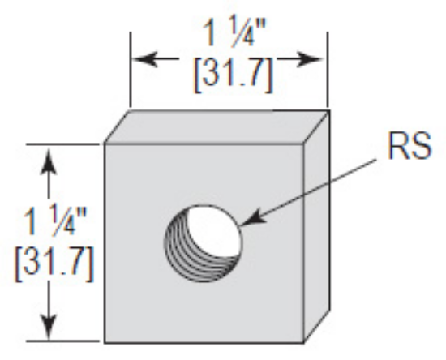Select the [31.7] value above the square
[230, 77]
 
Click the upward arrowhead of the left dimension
[51, 155]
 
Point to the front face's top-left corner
[105, 144]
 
